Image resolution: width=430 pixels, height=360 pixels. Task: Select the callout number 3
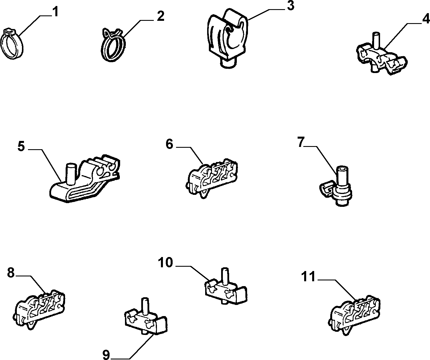pyautogui.click(x=290, y=5)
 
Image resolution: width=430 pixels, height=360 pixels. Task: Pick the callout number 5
pyautogui.click(x=21, y=146)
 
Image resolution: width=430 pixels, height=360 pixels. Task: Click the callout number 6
pyautogui.click(x=169, y=144)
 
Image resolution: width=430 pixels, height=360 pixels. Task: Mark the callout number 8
pyautogui.click(x=11, y=272)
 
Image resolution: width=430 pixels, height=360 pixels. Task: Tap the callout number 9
pyautogui.click(x=106, y=355)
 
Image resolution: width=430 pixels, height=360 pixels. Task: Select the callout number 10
pyautogui.click(x=165, y=263)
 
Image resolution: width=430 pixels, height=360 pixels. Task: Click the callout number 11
pyautogui.click(x=308, y=276)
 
